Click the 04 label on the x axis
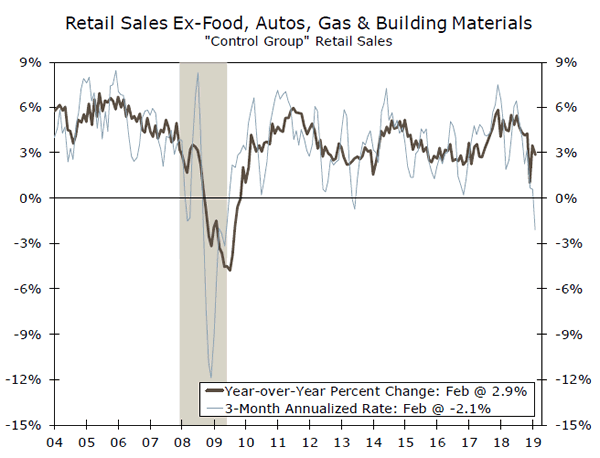[x=52, y=440]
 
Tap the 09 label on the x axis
[x=212, y=440]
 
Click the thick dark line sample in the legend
[x=214, y=391]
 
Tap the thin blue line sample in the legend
[x=214, y=408]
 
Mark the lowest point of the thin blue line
[x=211, y=376]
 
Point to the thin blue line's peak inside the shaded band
[x=198, y=73]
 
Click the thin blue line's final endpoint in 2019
[x=535, y=230]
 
